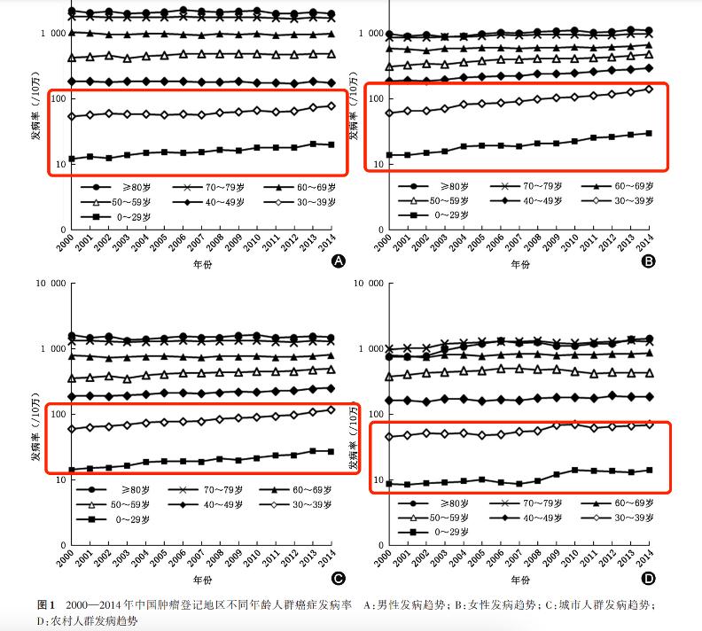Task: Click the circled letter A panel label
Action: [337, 261]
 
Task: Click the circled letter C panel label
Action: [337, 580]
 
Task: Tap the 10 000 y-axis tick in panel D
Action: [366, 284]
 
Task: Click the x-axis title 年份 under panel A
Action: [203, 263]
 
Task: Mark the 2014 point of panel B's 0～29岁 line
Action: [649, 133]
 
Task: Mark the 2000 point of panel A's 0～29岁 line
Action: [71, 160]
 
